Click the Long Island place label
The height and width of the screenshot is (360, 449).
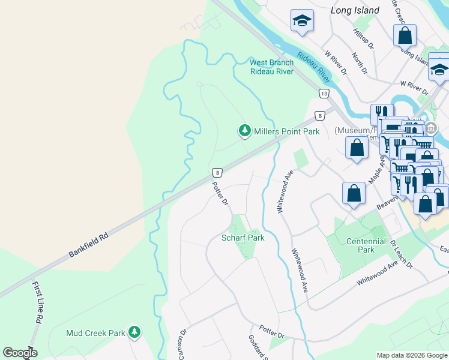[355, 10]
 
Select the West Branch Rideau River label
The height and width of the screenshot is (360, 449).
[272, 67]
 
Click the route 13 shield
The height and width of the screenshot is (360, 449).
[324, 94]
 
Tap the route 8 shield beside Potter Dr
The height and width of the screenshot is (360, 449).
[217, 173]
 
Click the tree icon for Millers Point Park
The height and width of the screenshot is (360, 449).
[244, 130]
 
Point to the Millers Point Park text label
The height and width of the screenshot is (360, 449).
[286, 131]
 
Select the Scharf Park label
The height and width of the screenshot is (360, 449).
[243, 237]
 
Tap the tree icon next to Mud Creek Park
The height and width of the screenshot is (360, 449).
[135, 332]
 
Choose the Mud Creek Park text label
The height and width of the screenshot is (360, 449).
[95, 332]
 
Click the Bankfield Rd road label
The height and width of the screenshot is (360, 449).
[88, 245]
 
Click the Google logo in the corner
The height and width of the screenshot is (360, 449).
[20, 352]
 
